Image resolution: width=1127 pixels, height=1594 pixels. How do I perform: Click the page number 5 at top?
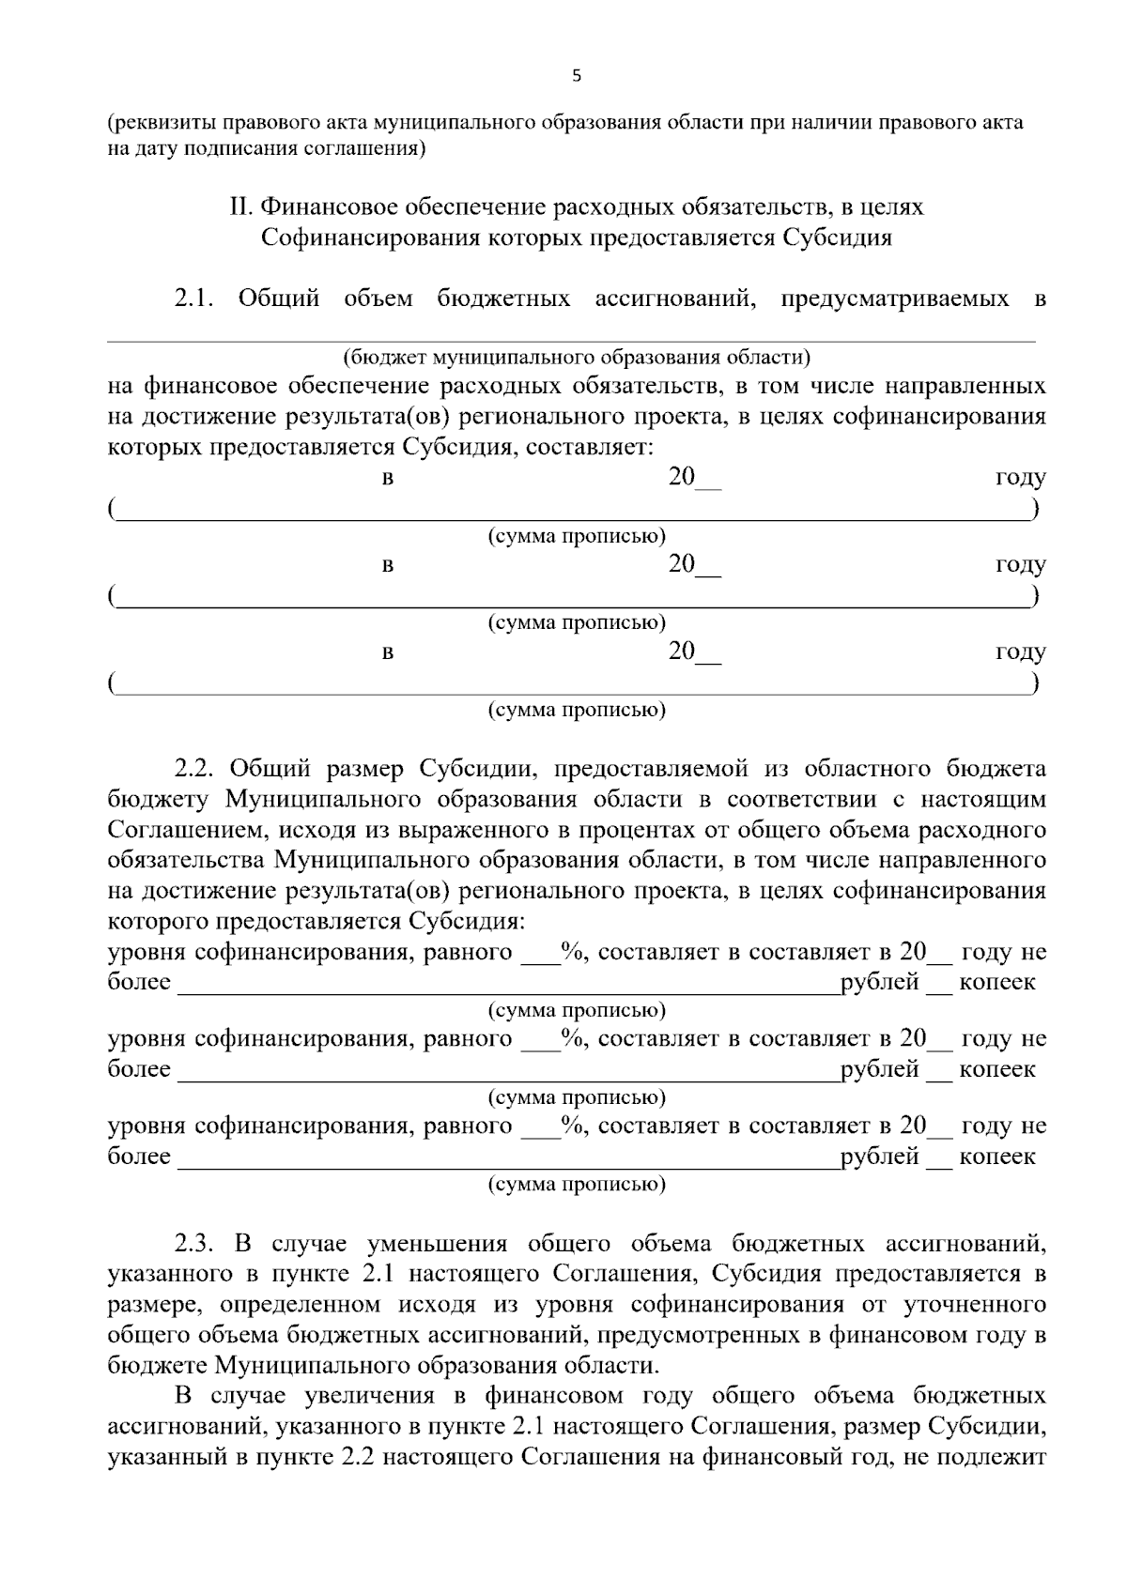(576, 76)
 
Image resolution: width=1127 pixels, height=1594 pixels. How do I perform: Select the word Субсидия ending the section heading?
(836, 237)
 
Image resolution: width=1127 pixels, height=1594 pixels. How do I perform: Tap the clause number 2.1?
(194, 299)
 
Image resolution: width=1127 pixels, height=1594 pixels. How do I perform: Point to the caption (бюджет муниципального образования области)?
(576, 357)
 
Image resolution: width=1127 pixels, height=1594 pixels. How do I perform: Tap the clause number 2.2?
(194, 769)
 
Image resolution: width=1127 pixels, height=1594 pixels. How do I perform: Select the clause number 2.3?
(194, 1244)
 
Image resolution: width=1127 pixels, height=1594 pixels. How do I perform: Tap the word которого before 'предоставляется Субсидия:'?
(155, 920)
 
